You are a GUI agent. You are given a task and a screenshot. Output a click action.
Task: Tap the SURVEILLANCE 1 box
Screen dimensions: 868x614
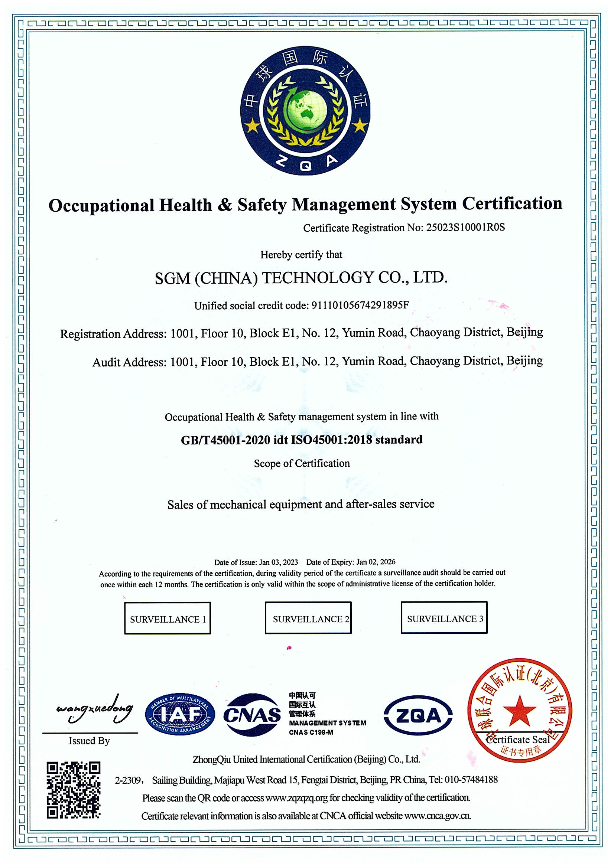point(168,619)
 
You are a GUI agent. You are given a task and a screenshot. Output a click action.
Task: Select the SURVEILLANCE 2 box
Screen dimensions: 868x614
point(308,619)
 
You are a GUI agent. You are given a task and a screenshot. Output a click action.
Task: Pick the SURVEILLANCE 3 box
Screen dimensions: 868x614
point(444,619)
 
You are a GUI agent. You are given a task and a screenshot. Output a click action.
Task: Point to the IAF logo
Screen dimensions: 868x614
point(180,714)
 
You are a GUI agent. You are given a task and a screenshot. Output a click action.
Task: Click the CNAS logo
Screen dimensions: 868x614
point(252,715)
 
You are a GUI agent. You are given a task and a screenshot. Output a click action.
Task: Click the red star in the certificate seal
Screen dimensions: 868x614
point(519,711)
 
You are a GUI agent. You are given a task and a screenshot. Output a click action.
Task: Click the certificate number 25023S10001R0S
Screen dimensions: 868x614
point(465,227)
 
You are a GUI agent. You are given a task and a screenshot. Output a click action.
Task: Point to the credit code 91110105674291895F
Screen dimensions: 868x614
point(360,305)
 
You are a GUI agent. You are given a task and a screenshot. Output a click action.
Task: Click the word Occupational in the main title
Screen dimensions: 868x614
point(101,206)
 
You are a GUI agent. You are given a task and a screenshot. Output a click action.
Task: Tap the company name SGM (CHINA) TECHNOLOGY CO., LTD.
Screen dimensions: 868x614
point(301,278)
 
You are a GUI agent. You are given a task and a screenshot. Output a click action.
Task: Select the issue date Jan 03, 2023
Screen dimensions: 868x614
point(279,562)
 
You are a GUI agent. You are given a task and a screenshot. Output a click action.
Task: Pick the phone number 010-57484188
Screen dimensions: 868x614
point(471,780)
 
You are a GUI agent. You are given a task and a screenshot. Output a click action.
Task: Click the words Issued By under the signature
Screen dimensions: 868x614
point(89,741)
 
